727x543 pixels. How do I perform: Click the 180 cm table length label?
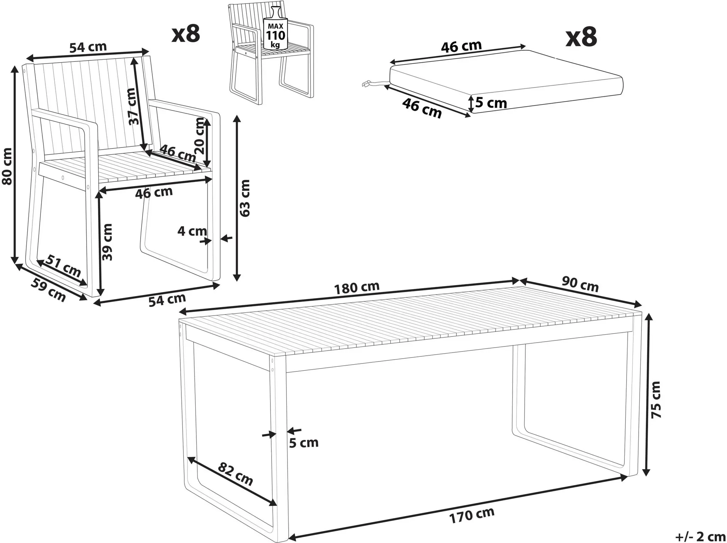coord(357,287)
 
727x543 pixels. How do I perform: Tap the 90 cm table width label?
coord(580,285)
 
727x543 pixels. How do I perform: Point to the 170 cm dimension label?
coord(472,516)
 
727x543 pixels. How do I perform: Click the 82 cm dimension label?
coord(235,474)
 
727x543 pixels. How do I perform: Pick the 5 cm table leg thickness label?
coord(304,443)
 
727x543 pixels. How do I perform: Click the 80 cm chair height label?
coord(7,166)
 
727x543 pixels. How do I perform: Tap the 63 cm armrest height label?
coord(245,198)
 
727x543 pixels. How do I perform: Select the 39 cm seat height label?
coord(107,242)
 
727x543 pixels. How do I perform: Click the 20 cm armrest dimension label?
coord(200,135)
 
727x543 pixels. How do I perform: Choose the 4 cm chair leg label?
coord(192,231)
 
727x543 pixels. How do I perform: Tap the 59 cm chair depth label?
coord(49,290)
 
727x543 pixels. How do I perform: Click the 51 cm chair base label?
coord(64,266)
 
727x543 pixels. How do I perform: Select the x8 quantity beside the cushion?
coord(581,37)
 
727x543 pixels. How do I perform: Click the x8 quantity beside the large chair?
coord(186,34)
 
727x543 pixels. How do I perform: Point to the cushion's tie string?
coord(376,84)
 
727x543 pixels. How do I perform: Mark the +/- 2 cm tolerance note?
coord(700,536)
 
